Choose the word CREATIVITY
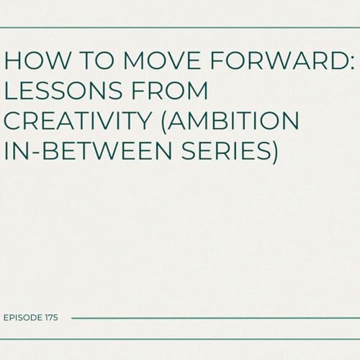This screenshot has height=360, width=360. (x=81, y=122)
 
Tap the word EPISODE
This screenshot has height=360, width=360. (x=21, y=317)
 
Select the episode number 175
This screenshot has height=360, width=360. (x=51, y=317)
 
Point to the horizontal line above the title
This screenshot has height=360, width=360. (x=180, y=27)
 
